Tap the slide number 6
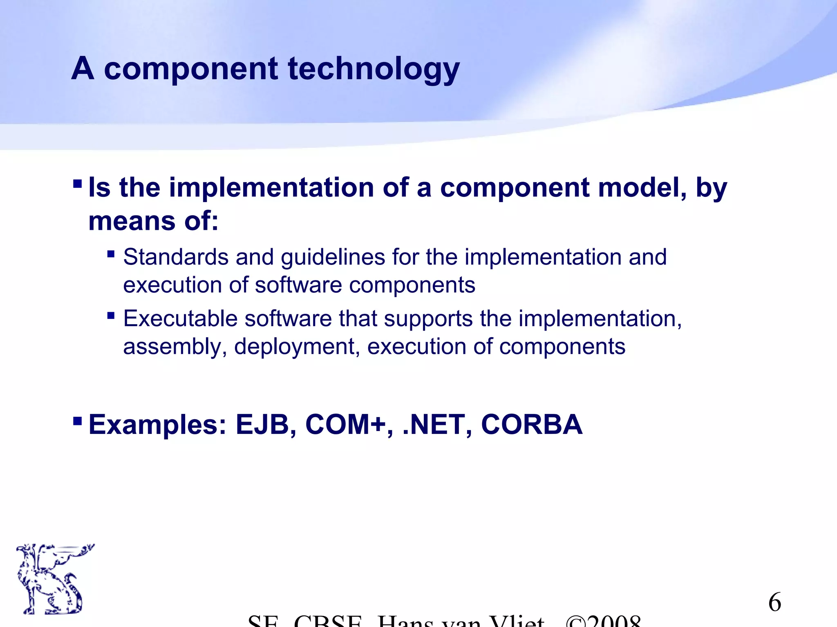(x=774, y=603)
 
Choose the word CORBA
(x=532, y=425)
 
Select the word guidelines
(x=333, y=258)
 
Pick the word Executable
(x=180, y=319)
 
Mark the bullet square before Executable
(x=111, y=316)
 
